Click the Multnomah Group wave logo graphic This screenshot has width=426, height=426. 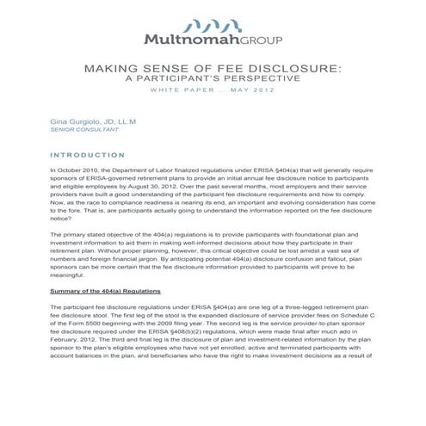pyautogui.click(x=213, y=24)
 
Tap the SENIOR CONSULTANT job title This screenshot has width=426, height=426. pyautogui.click(x=76, y=134)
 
